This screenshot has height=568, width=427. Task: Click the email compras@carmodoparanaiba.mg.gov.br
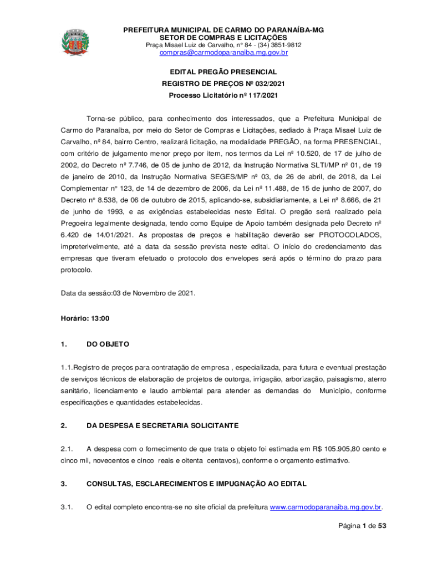point(223,53)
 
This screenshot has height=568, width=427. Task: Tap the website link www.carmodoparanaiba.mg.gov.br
point(326,507)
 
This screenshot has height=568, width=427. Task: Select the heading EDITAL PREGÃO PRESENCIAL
point(223,72)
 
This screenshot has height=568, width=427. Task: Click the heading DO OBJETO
point(108,344)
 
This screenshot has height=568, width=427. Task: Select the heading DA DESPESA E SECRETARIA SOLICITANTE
point(162,425)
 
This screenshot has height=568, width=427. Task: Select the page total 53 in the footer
point(382,526)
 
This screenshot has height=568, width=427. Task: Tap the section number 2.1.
point(67,449)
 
